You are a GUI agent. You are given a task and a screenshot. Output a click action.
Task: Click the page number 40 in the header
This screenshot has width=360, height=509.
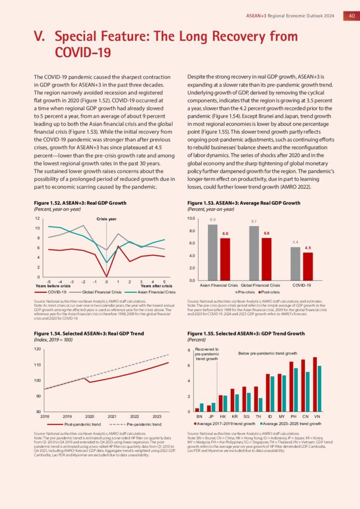pyautogui.click(x=351, y=15)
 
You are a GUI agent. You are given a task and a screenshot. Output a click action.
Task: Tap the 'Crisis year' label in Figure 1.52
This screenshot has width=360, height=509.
pyautogui.click(x=106, y=219)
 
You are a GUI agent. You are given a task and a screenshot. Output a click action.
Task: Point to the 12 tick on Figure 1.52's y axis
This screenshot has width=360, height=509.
pyautogui.click(x=37, y=218)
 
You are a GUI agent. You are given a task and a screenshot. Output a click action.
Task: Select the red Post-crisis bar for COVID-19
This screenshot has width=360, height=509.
pyautogui.click(x=308, y=266)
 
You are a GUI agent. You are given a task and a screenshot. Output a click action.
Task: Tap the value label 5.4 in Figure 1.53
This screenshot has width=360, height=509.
pyautogui.click(x=295, y=242)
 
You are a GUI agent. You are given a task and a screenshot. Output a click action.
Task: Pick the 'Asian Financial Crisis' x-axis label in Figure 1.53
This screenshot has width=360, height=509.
pyautogui.click(x=219, y=285)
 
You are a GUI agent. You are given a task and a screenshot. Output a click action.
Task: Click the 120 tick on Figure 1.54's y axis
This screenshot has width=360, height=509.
pyautogui.click(x=37, y=349)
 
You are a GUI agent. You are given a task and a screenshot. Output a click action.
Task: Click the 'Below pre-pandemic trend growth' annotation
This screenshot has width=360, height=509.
pyautogui.click(x=268, y=353)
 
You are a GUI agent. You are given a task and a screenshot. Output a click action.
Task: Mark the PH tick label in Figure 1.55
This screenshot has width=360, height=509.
pyautogui.click(x=293, y=416)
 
